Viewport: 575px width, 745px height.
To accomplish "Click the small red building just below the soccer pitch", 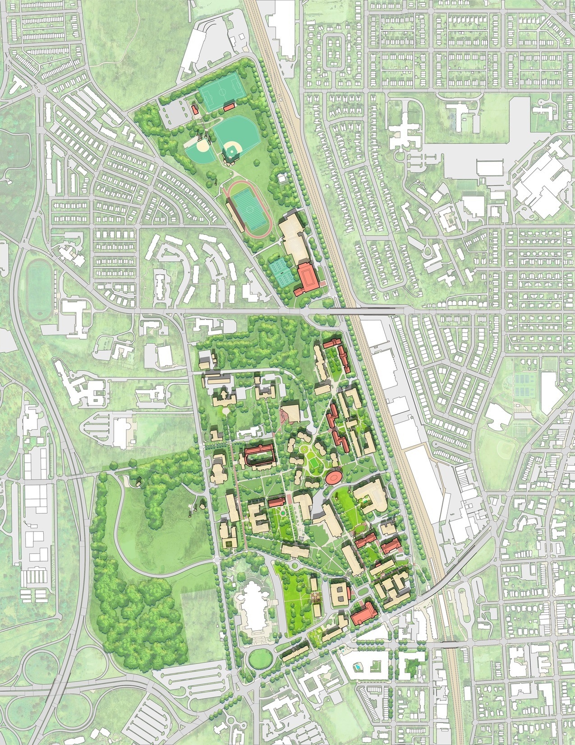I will point(229,106).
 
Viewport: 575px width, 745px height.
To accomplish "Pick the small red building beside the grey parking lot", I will point(195,110).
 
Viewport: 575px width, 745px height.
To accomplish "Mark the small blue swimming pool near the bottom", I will point(357,666).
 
